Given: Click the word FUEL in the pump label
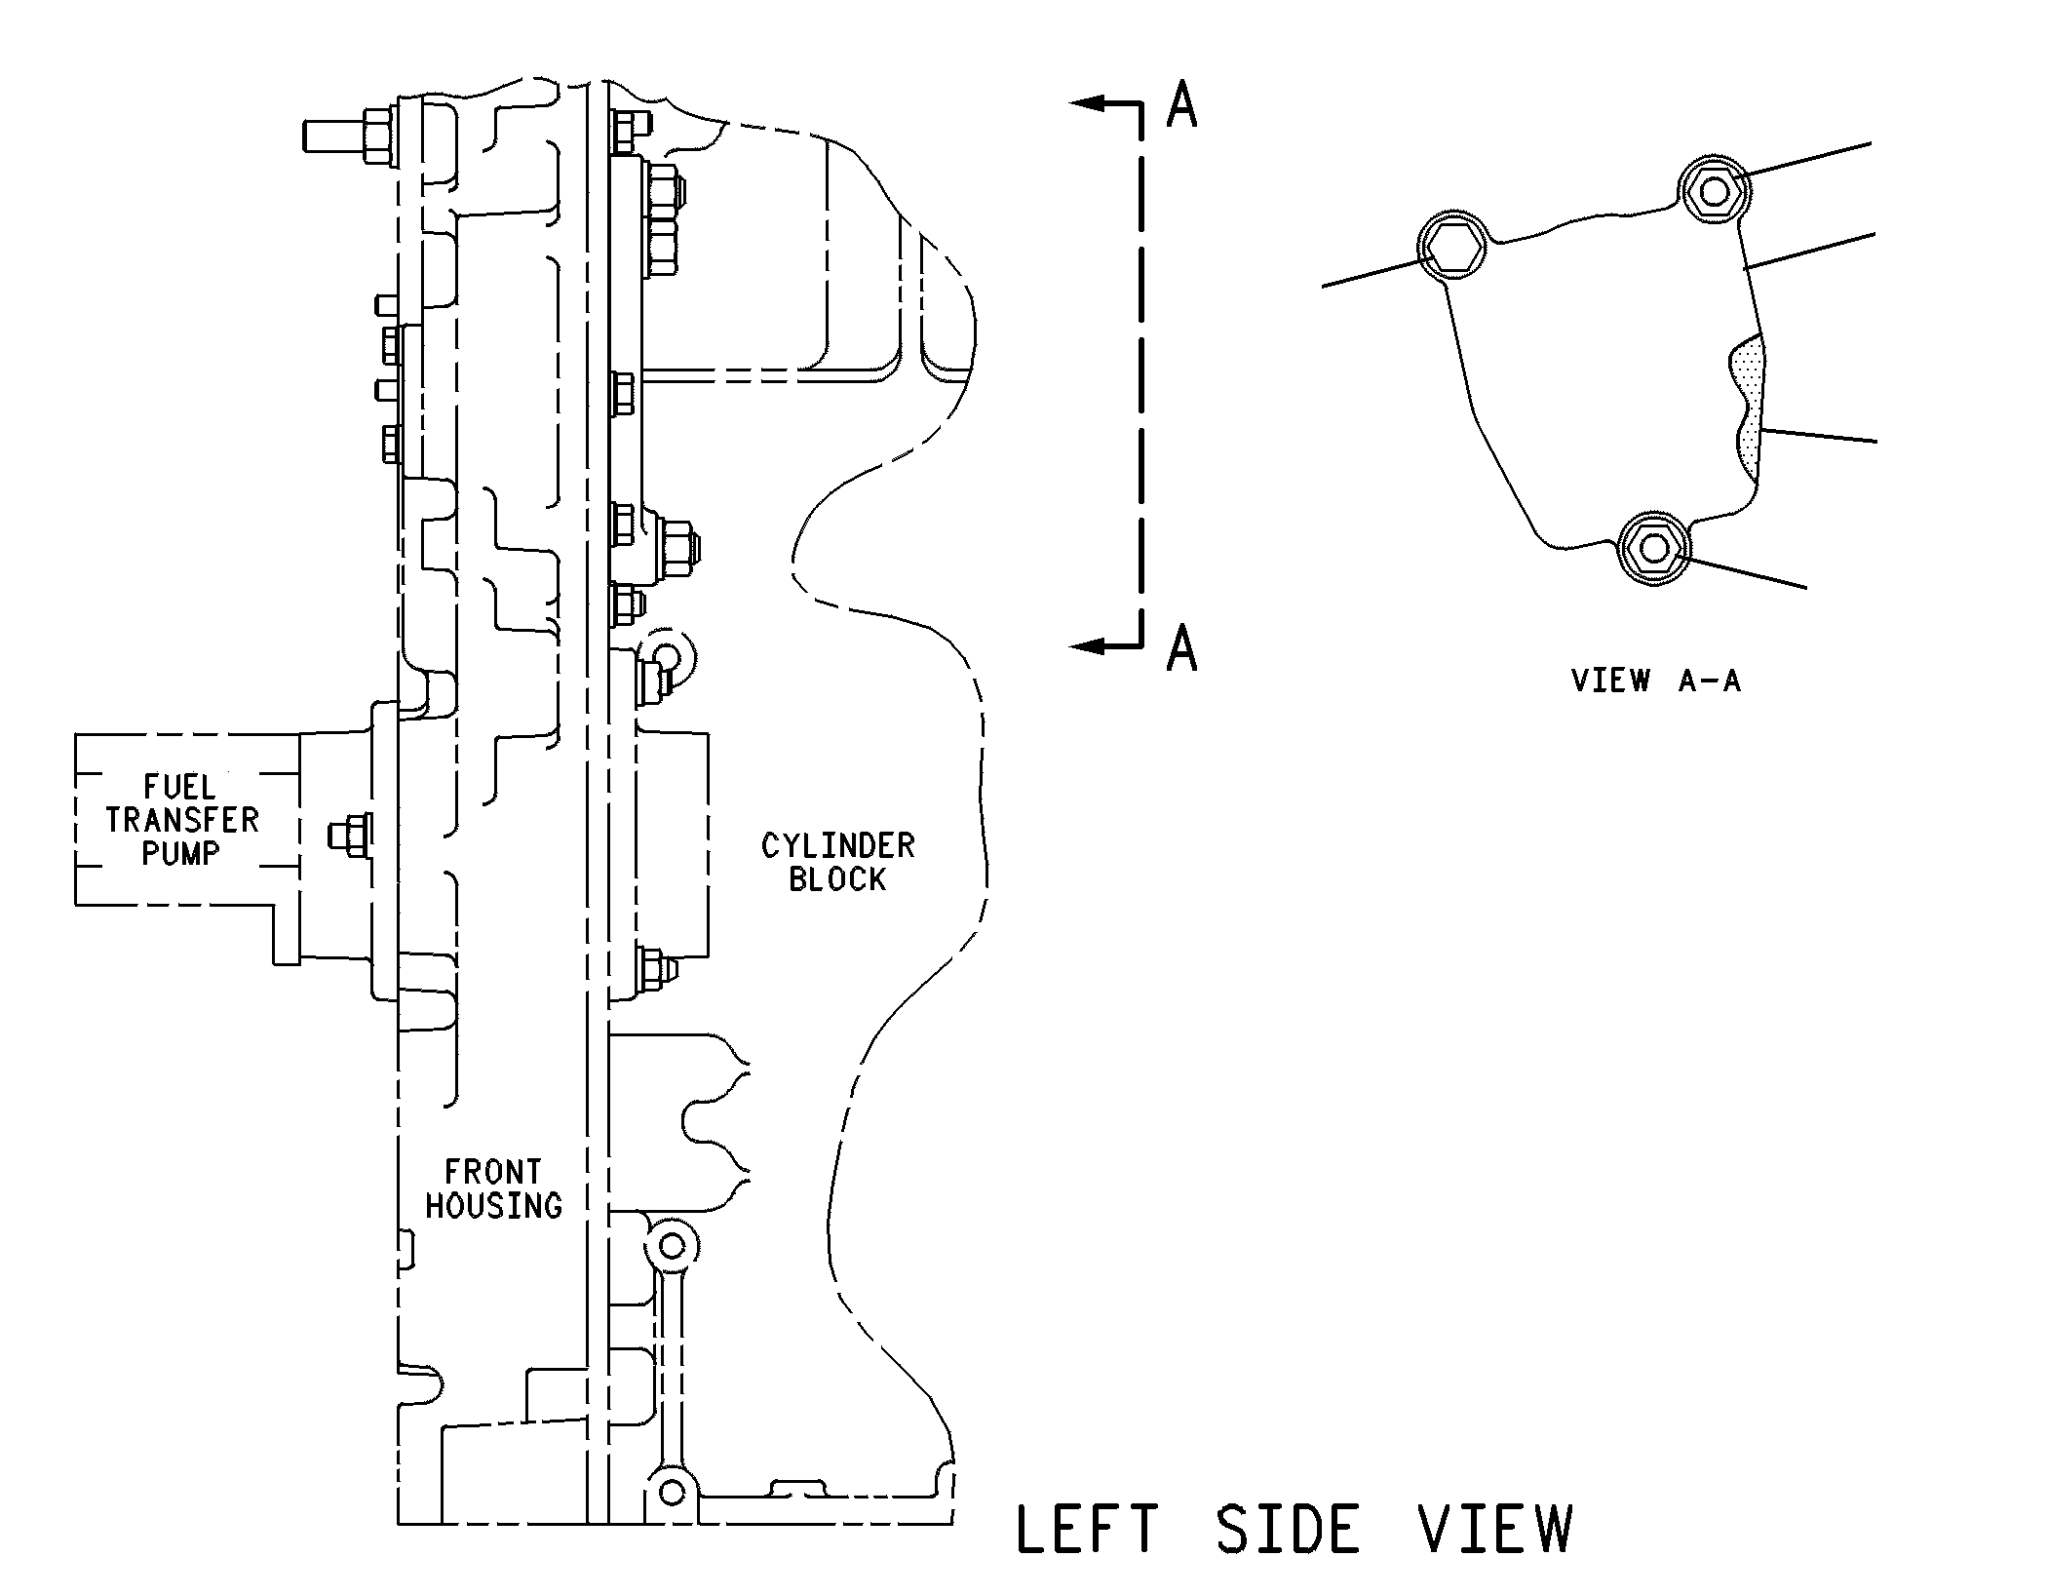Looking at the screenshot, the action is pyautogui.click(x=180, y=787).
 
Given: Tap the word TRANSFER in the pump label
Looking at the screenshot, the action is pyautogui.click(x=182, y=820).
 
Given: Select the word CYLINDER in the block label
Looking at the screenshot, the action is pyautogui.click(x=838, y=845).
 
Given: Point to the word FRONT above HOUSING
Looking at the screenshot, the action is pyautogui.click(x=493, y=1171).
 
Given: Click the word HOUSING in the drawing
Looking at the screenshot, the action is pyautogui.click(x=494, y=1205).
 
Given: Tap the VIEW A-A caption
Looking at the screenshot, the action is pyautogui.click(x=1656, y=680).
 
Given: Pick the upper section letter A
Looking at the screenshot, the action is pyautogui.click(x=1181, y=104).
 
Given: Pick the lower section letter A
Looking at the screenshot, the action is pyautogui.click(x=1181, y=647).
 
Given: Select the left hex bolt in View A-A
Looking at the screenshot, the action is pyautogui.click(x=1451, y=246).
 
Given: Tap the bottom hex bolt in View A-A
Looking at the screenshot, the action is pyautogui.click(x=1653, y=548).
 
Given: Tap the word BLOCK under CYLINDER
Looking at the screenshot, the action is pyautogui.click(x=838, y=879).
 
